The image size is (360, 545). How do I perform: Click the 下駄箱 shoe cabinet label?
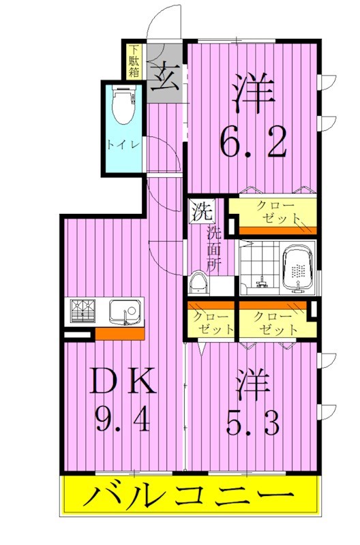(x=134, y=61)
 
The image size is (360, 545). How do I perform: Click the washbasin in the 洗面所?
(x=199, y=283)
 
